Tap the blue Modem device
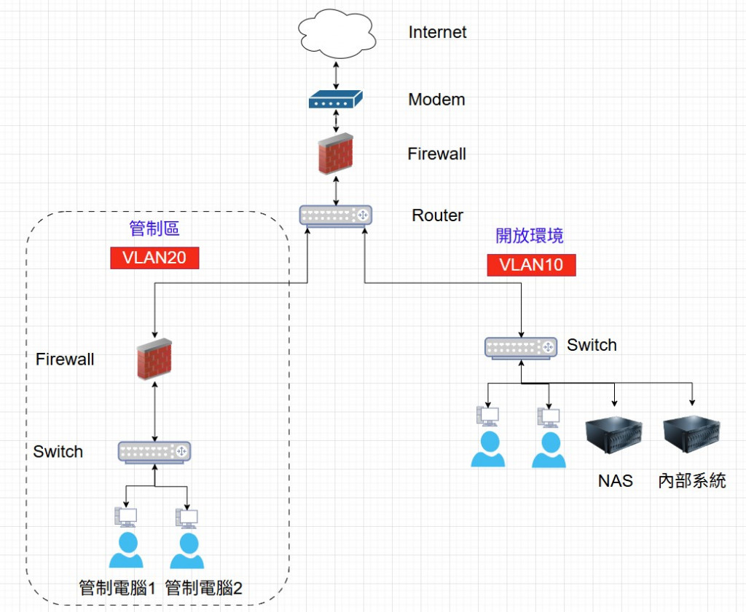coord(335,100)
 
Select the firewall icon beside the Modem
coord(335,154)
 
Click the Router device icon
coord(335,215)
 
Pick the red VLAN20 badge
coord(154,258)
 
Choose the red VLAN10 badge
coord(531,265)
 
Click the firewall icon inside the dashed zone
coord(154,359)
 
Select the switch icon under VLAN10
coord(521,347)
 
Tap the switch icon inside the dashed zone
coord(154,452)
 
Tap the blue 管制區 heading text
coord(154,229)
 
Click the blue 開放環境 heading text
coord(530,236)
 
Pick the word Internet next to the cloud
coord(437,32)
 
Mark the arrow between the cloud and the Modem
coord(335,74)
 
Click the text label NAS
coord(616,481)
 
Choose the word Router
coord(437,215)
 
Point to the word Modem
coord(436,100)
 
